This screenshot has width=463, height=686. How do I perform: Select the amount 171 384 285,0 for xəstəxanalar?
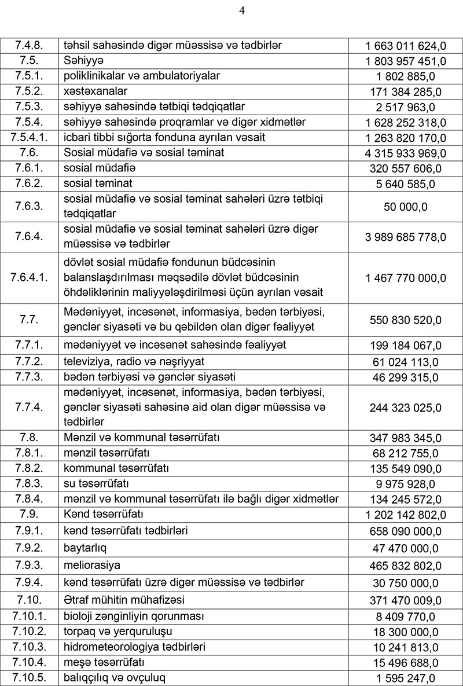(405, 92)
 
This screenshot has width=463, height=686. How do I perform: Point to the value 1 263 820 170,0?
(405, 138)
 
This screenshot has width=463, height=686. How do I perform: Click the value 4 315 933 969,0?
(405, 153)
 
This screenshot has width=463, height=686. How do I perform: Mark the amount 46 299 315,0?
(405, 378)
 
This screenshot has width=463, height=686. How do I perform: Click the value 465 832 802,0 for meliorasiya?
(405, 566)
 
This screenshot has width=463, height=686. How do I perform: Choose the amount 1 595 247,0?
(405, 678)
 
